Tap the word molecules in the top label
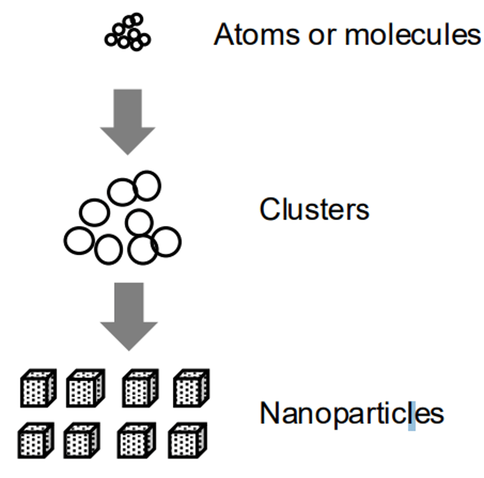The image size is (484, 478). point(413,35)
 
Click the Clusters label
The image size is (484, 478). point(314,209)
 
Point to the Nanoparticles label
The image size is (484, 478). point(352,413)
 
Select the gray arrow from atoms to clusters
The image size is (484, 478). point(128,119)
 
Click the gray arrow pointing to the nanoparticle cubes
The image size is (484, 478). point(128,315)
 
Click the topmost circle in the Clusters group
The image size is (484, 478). point(147,186)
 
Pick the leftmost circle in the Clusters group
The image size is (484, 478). point(79,241)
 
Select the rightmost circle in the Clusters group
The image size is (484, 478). point(166,241)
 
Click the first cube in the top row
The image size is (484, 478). point(38,388)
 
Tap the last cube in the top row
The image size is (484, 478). point(191,388)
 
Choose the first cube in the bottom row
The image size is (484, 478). point(36,441)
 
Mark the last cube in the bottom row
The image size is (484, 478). point(187,441)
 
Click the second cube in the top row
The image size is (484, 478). point(85,388)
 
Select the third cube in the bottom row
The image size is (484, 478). point(136,441)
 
